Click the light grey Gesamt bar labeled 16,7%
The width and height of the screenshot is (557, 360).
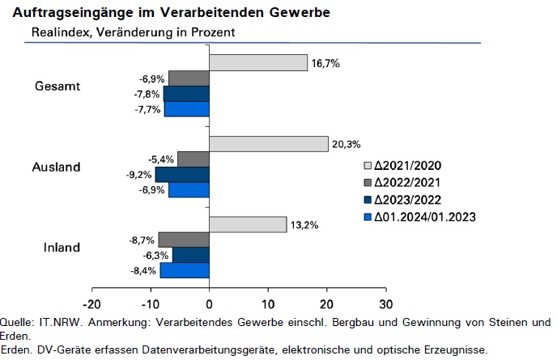pyautogui.click(x=258, y=63)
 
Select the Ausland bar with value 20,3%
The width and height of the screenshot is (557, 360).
pyautogui.click(x=269, y=144)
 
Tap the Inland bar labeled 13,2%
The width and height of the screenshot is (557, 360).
pyautogui.click(x=248, y=224)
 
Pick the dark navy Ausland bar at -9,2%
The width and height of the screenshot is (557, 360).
pyautogui.click(x=182, y=175)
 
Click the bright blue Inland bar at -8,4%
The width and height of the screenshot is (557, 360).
pyautogui.click(x=185, y=270)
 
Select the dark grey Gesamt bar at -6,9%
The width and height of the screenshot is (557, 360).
pyautogui.click(x=189, y=78)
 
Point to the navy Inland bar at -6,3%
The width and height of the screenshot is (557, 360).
pyautogui.click(x=191, y=255)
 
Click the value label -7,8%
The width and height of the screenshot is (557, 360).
pyautogui.click(x=147, y=95)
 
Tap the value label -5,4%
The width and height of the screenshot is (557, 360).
pyautogui.click(x=161, y=159)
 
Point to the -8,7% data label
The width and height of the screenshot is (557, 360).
pyautogui.click(x=142, y=240)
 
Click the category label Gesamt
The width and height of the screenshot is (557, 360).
pyautogui.click(x=57, y=87)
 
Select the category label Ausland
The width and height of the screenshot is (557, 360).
pyautogui.click(x=57, y=167)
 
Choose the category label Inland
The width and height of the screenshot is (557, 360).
pyautogui.click(x=62, y=248)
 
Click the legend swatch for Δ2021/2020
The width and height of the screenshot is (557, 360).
pyautogui.click(x=368, y=166)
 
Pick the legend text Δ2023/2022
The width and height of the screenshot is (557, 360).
pyautogui.click(x=407, y=200)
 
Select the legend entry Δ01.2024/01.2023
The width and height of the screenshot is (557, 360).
pyautogui.click(x=420, y=217)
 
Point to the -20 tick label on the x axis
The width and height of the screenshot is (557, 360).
pyautogui.click(x=91, y=304)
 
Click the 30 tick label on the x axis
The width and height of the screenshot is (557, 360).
pyautogui.click(x=386, y=304)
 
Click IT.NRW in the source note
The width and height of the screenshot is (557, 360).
pyautogui.click(x=61, y=322)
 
